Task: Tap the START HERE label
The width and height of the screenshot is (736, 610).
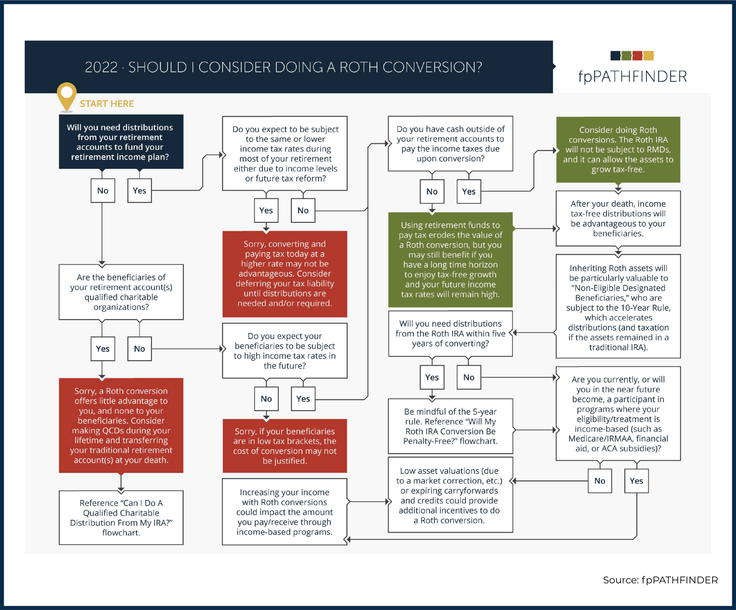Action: [x=107, y=104]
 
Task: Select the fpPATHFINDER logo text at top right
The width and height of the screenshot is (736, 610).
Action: [x=632, y=77]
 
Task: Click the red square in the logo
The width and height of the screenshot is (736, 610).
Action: [x=637, y=56]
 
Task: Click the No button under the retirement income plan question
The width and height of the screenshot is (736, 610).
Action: [x=103, y=191]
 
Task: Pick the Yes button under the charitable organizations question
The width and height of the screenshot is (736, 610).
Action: [x=103, y=349]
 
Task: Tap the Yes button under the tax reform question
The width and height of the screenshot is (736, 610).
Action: [x=266, y=211]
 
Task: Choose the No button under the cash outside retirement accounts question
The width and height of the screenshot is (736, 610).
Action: [x=432, y=192]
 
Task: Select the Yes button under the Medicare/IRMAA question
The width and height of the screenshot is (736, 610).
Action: [x=636, y=481]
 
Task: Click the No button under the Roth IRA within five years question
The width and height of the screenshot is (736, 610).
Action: [x=469, y=377]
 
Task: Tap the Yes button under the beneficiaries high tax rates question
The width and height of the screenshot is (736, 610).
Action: [x=303, y=399]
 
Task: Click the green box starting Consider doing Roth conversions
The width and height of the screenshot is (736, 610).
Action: [x=618, y=150]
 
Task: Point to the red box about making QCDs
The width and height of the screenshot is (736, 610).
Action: [x=121, y=425]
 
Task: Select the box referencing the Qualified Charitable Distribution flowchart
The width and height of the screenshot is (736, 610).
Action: [x=121, y=518]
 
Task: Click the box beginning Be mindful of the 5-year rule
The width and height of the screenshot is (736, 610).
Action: [x=450, y=426]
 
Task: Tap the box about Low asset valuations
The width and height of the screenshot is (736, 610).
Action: [x=450, y=495]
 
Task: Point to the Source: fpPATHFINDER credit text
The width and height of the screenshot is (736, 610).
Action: [x=660, y=580]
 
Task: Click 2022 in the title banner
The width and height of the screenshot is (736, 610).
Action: [x=101, y=67]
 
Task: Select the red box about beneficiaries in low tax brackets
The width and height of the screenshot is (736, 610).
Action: [x=285, y=446]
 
